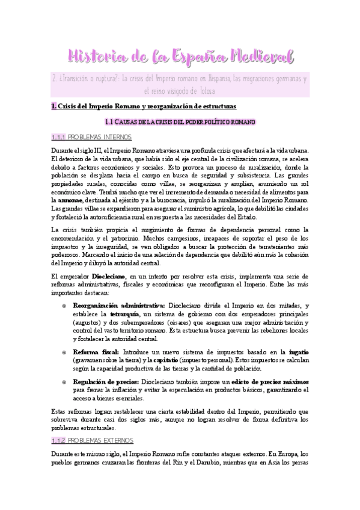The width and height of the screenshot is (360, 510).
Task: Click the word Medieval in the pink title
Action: click(x=260, y=57)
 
